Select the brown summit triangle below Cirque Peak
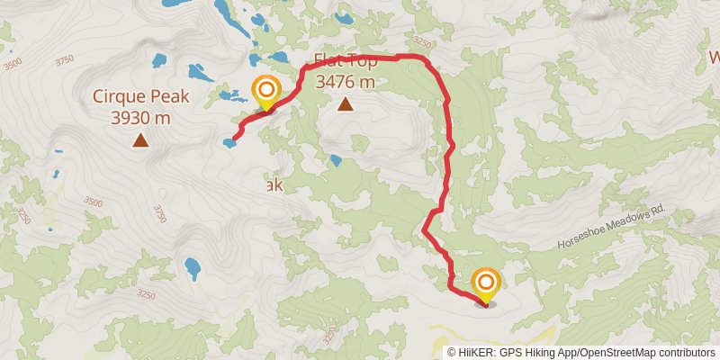point(139,139)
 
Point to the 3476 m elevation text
point(345,82)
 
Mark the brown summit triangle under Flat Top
point(345,104)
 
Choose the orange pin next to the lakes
point(266,92)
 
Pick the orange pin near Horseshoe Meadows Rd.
point(486,284)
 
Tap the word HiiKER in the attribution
point(487,352)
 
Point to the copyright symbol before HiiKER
point(453,352)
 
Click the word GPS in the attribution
point(524,352)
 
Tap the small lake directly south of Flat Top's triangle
point(336,161)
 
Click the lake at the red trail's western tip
point(229,142)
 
